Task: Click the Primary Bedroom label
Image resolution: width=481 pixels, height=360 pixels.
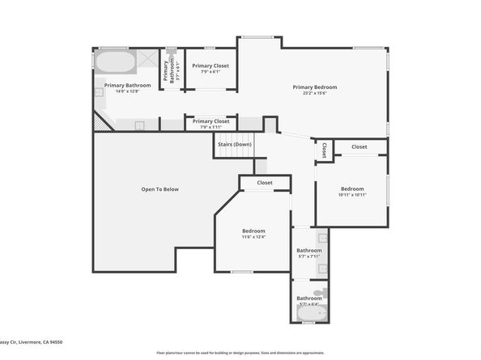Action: [x=314, y=87]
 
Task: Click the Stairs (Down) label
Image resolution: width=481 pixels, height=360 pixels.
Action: [x=234, y=144]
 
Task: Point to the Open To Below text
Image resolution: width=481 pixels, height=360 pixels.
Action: [x=160, y=189]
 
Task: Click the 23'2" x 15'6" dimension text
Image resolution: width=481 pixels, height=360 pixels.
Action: [x=314, y=93]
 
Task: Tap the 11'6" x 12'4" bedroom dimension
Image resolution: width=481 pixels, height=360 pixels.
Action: [x=253, y=237]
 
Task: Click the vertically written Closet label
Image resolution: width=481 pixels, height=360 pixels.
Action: [x=324, y=150]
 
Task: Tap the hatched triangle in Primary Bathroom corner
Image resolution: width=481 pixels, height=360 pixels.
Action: [x=100, y=121]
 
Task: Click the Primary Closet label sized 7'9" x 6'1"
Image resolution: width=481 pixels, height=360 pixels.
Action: [x=210, y=66]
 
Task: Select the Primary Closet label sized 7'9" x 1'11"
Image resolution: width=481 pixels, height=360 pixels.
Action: [x=210, y=121]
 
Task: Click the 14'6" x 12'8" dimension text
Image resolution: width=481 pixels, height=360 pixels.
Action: [x=127, y=91]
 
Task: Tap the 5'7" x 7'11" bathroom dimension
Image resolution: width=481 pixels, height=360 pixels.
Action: [x=309, y=256]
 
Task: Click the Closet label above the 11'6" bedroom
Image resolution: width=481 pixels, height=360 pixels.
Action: [x=265, y=183]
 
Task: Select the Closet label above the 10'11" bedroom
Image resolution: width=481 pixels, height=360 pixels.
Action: [x=359, y=146]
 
